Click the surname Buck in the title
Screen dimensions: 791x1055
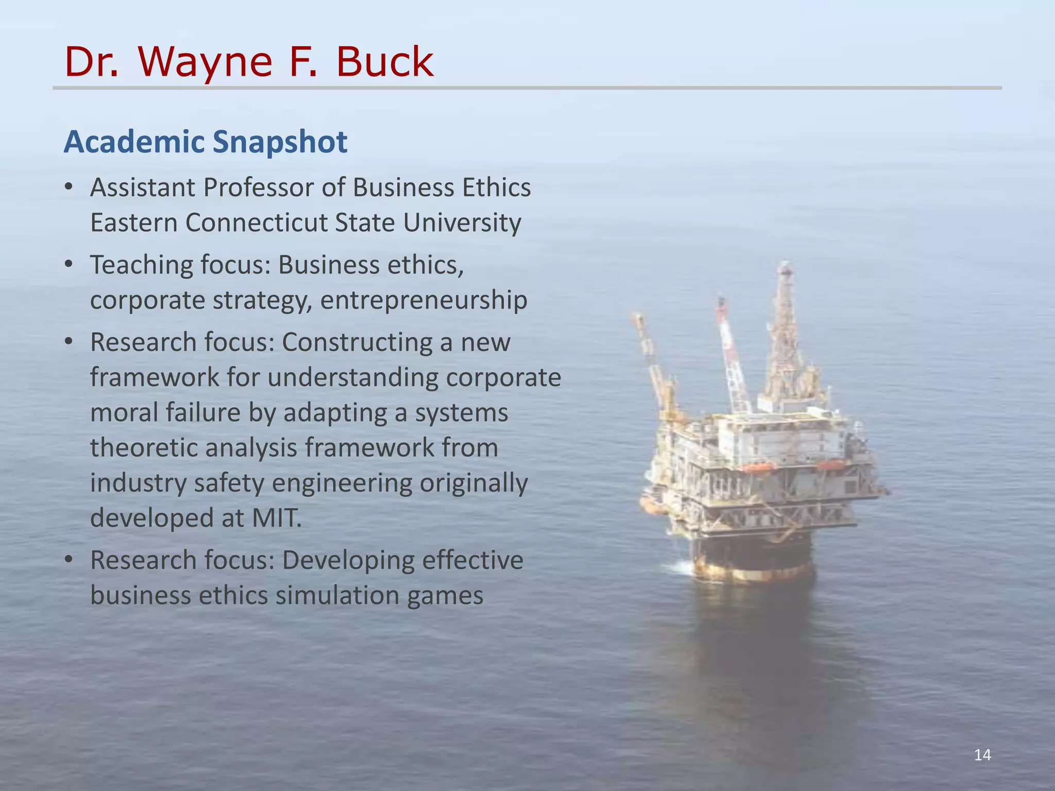384,62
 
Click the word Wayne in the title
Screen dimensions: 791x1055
205,62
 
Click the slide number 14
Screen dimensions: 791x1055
982,755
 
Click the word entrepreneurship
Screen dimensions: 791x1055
423,300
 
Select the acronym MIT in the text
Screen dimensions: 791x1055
276,518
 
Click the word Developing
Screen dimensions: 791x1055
348,560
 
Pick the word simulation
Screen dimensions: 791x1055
337,595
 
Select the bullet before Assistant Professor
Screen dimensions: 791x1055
69,187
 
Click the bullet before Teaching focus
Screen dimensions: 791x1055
69,265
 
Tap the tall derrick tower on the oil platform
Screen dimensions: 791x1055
784,335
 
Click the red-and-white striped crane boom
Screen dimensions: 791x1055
731,355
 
